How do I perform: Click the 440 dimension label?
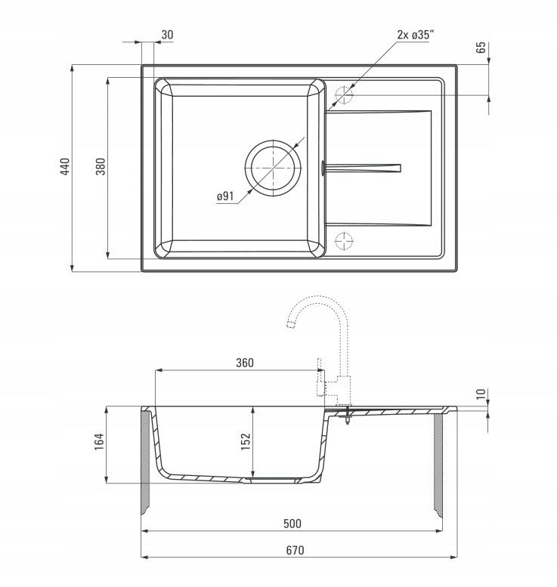[65, 167]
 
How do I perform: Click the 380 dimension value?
[101, 167]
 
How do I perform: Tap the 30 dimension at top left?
[168, 35]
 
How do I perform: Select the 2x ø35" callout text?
[415, 35]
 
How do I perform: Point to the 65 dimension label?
[481, 48]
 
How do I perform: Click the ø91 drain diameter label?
[225, 196]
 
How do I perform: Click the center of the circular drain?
[273, 168]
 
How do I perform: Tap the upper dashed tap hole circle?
[344, 95]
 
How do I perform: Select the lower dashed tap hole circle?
[344, 241]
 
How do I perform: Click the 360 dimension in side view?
[245, 363]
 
